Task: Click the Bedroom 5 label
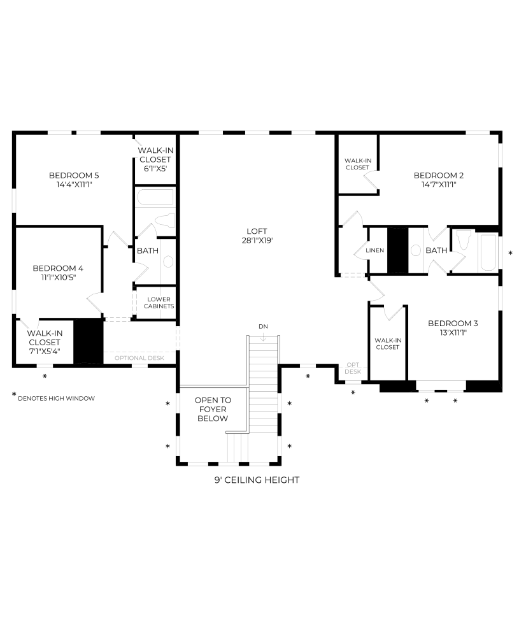click(x=74, y=176)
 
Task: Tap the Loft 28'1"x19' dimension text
click(x=257, y=241)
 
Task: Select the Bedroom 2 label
click(x=439, y=176)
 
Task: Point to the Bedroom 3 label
click(x=453, y=324)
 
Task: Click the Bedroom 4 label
click(x=58, y=268)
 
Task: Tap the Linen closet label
click(x=375, y=250)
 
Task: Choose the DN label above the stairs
click(x=263, y=326)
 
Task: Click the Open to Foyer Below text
click(x=213, y=409)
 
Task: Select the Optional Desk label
click(x=139, y=358)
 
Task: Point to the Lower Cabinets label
click(x=159, y=303)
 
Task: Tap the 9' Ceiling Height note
click(x=257, y=480)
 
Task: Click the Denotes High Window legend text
click(x=57, y=399)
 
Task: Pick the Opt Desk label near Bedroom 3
click(x=353, y=368)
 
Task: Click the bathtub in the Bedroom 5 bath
click(x=155, y=197)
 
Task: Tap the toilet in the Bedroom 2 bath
click(x=464, y=240)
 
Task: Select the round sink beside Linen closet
click(x=415, y=250)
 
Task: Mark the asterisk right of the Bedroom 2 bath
click(x=511, y=254)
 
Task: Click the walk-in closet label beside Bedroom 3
click(x=388, y=344)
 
